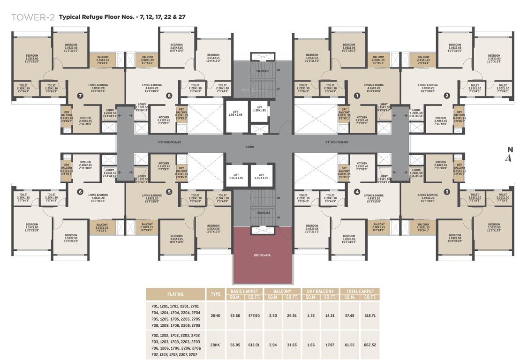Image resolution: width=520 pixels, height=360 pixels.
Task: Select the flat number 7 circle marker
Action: point(81,96)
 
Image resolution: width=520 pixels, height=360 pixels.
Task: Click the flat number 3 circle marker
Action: point(446,191)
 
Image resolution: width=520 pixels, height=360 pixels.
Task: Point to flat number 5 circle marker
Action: point(169,191)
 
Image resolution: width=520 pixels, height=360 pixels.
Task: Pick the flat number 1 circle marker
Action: point(356,96)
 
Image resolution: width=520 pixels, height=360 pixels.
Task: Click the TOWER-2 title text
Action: point(33,17)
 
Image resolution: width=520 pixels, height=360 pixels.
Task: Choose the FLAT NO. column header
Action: point(175,294)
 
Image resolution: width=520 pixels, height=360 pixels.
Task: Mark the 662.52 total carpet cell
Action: point(369,345)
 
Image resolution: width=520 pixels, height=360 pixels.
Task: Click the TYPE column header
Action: point(215,294)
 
